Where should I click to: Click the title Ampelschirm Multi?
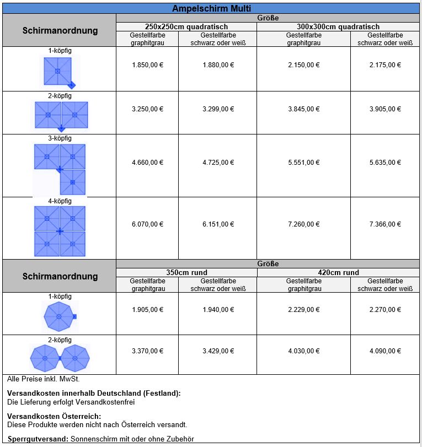(211, 8)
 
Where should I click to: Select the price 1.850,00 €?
(147, 65)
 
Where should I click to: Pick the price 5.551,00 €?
(303, 163)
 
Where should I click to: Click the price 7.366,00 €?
(385, 224)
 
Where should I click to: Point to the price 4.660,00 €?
(147, 163)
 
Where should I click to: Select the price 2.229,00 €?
(303, 310)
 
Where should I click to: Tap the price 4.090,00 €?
(385, 351)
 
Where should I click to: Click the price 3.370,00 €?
(147, 351)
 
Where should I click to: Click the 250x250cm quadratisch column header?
(186, 26)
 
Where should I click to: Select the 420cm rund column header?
(339, 272)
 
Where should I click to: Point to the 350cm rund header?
(186, 272)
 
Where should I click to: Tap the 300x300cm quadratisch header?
(339, 26)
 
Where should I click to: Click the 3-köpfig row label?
(60, 138)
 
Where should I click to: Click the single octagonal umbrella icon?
(59, 317)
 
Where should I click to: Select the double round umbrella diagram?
(60, 358)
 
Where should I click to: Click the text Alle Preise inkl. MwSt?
(39, 379)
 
